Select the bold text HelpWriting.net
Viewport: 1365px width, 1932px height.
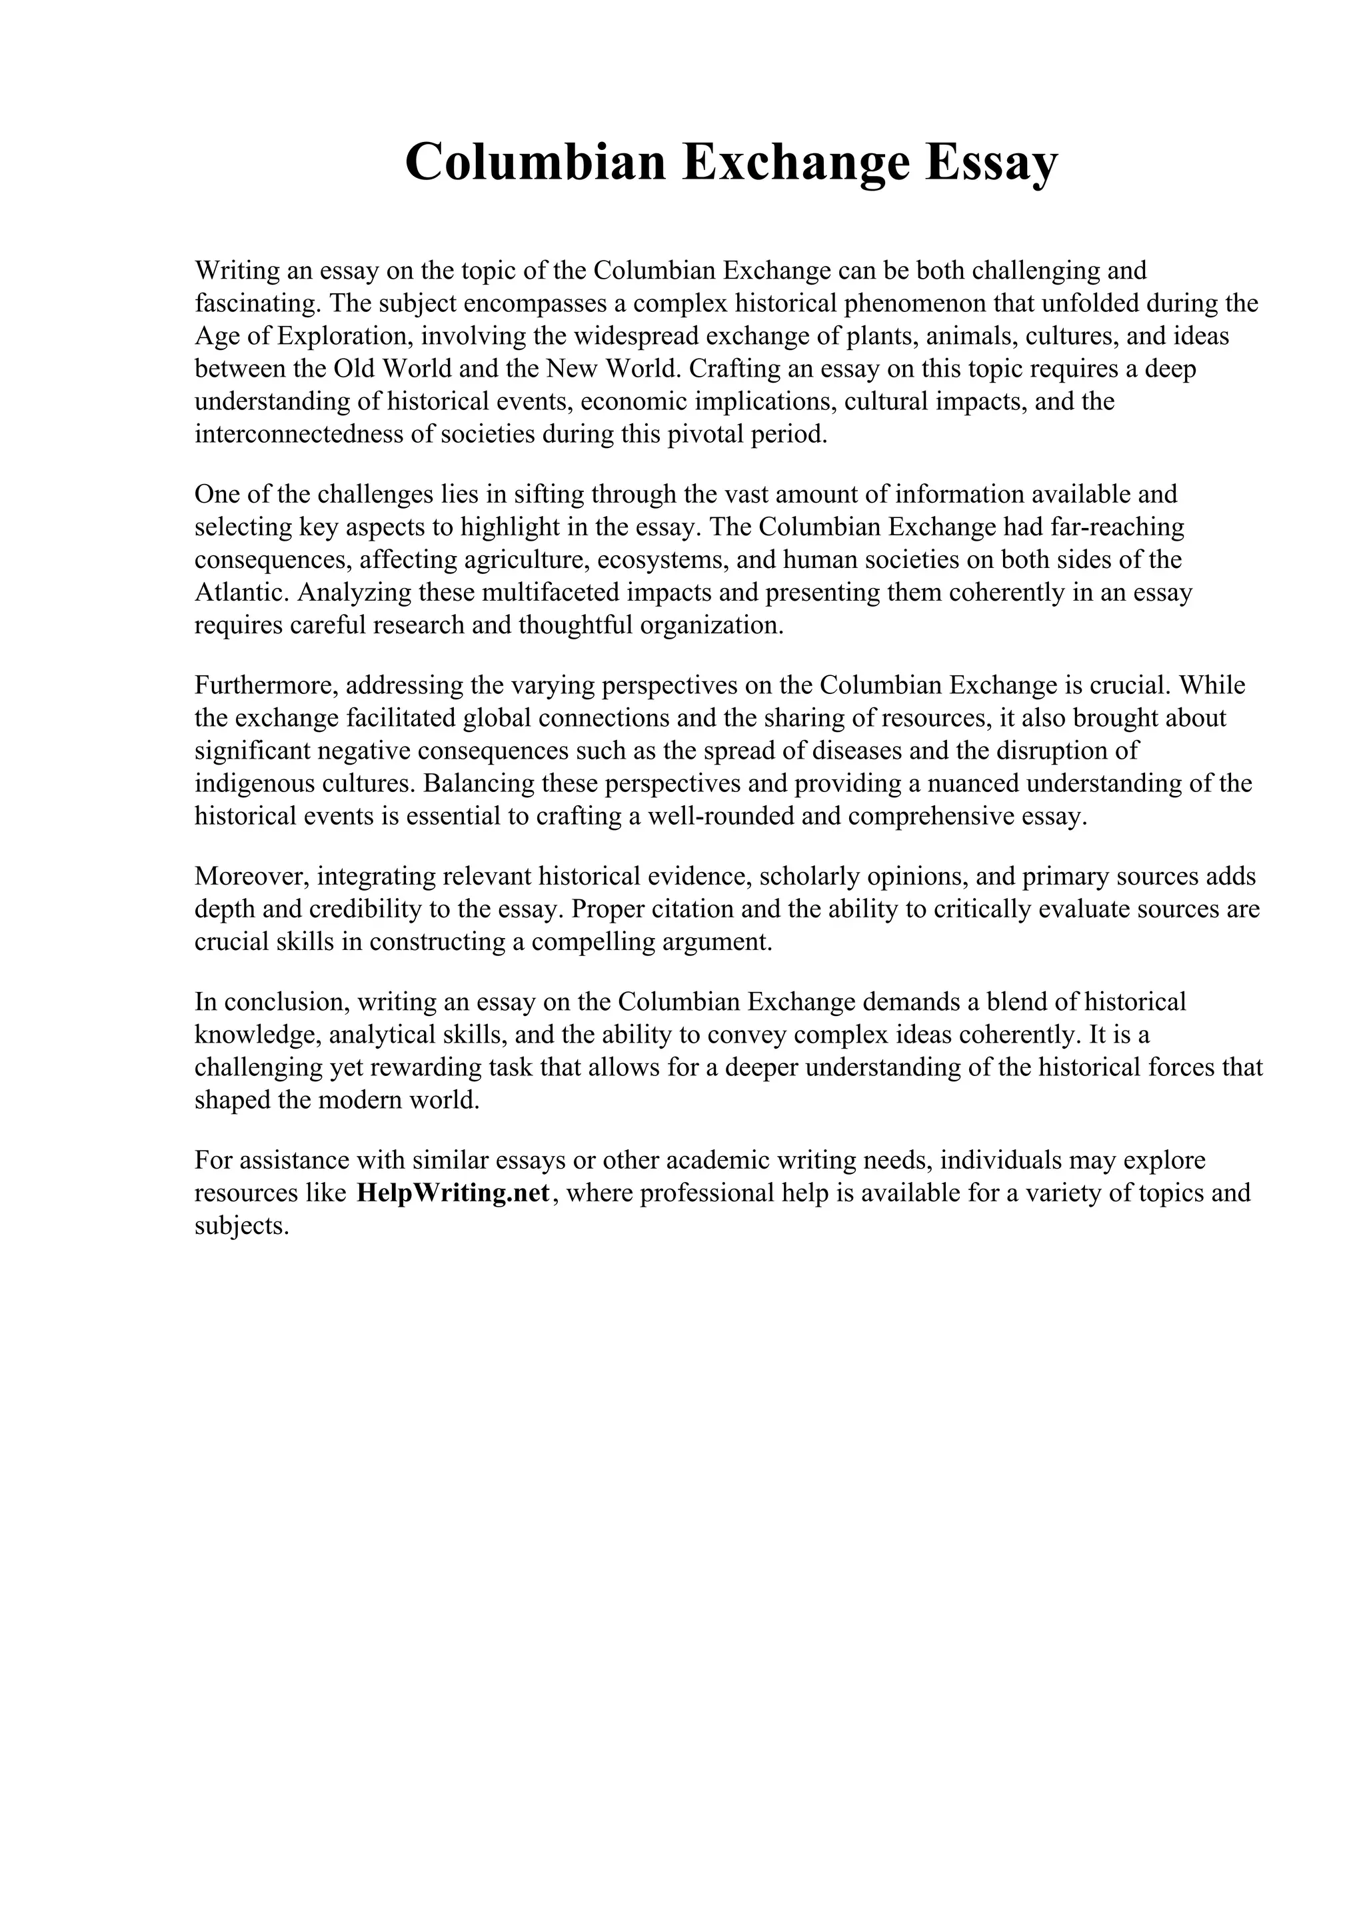pos(453,1193)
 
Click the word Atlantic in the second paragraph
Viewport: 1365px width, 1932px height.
pos(241,593)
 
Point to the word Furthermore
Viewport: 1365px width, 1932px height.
pos(266,685)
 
